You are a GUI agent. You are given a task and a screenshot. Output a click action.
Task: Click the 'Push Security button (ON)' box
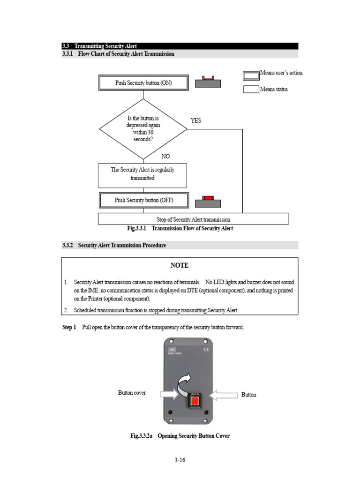point(143,83)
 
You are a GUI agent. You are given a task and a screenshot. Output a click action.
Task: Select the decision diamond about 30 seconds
point(143,129)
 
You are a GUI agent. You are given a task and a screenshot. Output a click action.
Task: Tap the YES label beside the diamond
point(195,120)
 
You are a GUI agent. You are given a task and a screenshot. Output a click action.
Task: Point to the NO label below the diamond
point(165,157)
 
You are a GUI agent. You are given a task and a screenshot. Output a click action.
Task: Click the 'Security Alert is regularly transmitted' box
point(142,174)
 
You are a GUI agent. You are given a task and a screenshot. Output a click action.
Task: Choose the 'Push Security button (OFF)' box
point(143,200)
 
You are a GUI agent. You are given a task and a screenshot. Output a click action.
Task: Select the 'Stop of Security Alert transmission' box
point(193,219)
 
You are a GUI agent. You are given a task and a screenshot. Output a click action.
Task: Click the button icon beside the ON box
point(208,82)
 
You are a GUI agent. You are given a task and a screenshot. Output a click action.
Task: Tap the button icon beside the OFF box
point(208,202)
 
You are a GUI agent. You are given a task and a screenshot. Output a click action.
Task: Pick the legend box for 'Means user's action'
point(251,75)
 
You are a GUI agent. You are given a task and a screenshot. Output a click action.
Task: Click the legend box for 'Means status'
point(251,89)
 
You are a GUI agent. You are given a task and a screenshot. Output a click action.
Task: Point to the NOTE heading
point(180,265)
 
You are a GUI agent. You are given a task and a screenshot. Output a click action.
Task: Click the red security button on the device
point(194,401)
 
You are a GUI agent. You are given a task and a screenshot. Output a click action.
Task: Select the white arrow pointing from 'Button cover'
point(168,395)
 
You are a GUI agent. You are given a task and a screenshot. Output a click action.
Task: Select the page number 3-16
point(180,460)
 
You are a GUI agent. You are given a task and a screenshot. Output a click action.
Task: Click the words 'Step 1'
point(69,327)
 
